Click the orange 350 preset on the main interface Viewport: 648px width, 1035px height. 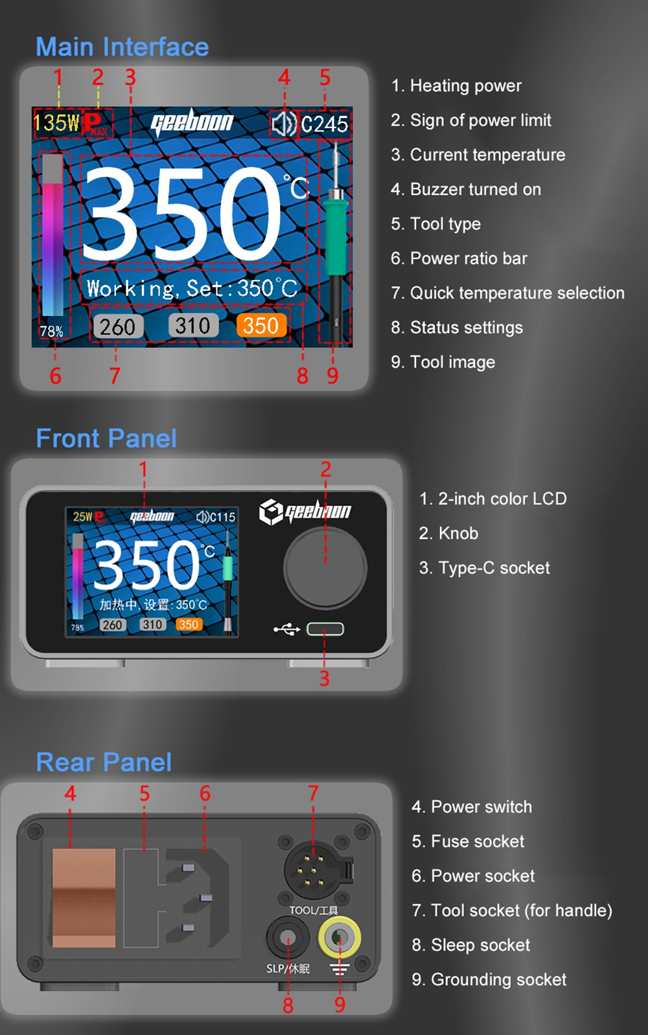261,326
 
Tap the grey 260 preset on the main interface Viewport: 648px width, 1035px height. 118,326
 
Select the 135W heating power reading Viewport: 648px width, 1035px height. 56,123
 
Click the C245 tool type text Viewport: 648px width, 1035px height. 325,124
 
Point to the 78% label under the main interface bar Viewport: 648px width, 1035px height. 51,332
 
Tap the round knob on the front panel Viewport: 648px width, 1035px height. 325,569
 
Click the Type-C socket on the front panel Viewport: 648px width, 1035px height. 325,629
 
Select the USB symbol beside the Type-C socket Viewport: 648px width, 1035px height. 287,629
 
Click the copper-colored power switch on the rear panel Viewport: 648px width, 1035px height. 84,898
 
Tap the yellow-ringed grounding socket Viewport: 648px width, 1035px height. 340,937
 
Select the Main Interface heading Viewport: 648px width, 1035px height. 122,47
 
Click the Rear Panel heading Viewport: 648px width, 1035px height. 104,762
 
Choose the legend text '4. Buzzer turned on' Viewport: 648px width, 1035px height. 466,189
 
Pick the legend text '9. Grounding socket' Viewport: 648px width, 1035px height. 489,979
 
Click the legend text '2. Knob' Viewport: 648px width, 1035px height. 448,533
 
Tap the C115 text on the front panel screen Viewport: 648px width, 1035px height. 222,517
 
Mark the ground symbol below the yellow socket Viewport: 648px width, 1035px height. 340,969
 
